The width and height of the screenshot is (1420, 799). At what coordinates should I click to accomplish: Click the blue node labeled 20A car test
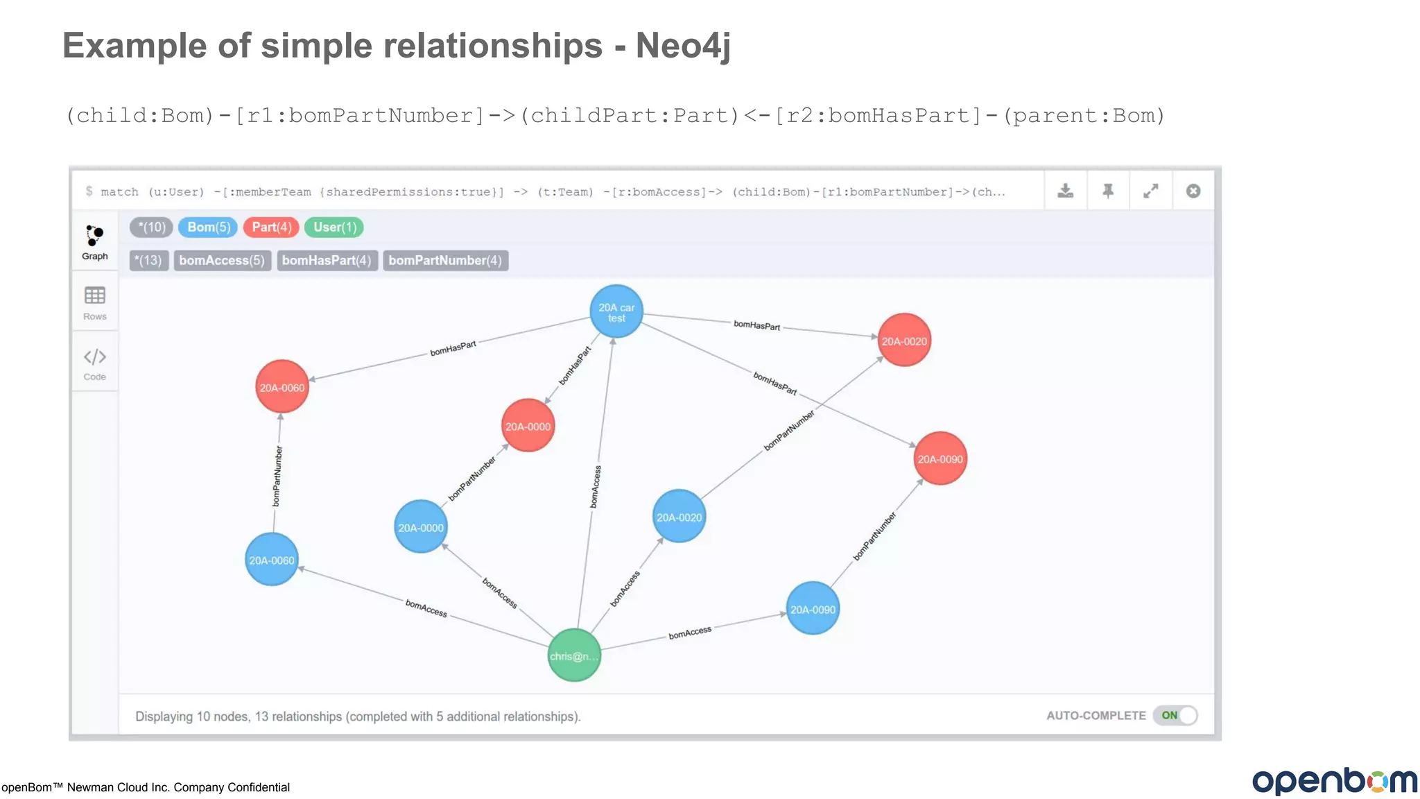[x=616, y=311]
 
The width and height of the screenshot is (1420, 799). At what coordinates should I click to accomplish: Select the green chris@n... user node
[x=574, y=655]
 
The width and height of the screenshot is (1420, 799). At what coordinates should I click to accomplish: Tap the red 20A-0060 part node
[x=282, y=387]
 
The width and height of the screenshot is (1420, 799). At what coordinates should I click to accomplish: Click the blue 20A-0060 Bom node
[x=272, y=560]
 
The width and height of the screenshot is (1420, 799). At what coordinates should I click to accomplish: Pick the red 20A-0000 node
[x=528, y=426]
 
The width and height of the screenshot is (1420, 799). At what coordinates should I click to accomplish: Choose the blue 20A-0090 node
[x=813, y=609]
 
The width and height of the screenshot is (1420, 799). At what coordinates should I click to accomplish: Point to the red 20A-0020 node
[x=904, y=341]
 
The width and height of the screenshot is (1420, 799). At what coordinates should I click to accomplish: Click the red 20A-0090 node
[x=940, y=458]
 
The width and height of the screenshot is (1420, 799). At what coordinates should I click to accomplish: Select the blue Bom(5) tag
[x=208, y=227]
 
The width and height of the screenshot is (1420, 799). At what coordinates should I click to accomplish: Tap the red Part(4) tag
[x=271, y=227]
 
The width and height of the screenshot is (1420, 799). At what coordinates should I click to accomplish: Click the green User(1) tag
[x=334, y=227]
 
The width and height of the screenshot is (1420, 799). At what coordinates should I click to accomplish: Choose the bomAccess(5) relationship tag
[x=222, y=260]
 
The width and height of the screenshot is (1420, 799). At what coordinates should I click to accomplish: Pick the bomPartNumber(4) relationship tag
[x=445, y=260]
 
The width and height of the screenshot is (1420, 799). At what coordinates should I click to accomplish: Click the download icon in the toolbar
[x=1066, y=191]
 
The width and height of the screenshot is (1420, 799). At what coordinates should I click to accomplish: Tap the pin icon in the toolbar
[x=1108, y=191]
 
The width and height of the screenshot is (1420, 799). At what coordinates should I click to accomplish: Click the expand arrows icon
[x=1151, y=191]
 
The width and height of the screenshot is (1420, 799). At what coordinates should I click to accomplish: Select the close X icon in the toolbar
[x=1193, y=191]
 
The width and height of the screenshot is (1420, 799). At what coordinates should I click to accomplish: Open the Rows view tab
[x=95, y=303]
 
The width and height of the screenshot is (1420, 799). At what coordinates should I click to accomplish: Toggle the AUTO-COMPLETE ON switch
[x=1176, y=715]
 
